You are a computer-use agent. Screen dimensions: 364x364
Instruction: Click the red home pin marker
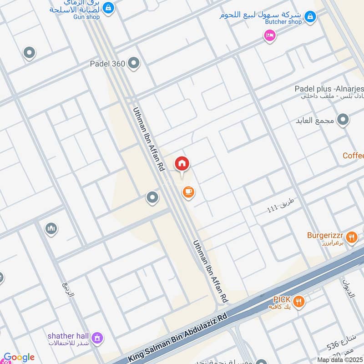pos(182,163)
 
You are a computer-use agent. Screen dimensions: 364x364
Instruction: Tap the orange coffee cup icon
pos(188,192)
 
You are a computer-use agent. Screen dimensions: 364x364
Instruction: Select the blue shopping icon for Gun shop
pos(108,7)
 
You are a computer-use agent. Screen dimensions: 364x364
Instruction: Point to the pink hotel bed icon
pos(270,35)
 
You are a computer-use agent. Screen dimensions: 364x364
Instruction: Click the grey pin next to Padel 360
pos(133,64)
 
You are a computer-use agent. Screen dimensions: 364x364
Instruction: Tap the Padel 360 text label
pos(107,64)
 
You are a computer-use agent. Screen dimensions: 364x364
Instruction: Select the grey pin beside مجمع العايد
pos(344,120)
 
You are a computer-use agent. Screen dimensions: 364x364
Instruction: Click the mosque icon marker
pos(51,227)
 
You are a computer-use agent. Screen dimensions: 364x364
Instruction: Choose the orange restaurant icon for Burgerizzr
pos(351,236)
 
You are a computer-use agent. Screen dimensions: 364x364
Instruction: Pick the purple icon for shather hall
pos(96,338)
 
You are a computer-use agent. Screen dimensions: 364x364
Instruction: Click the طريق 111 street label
pos(278,210)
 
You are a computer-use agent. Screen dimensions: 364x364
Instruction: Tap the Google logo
pos(19,358)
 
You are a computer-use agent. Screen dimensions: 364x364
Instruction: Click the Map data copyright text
pos(340,360)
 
